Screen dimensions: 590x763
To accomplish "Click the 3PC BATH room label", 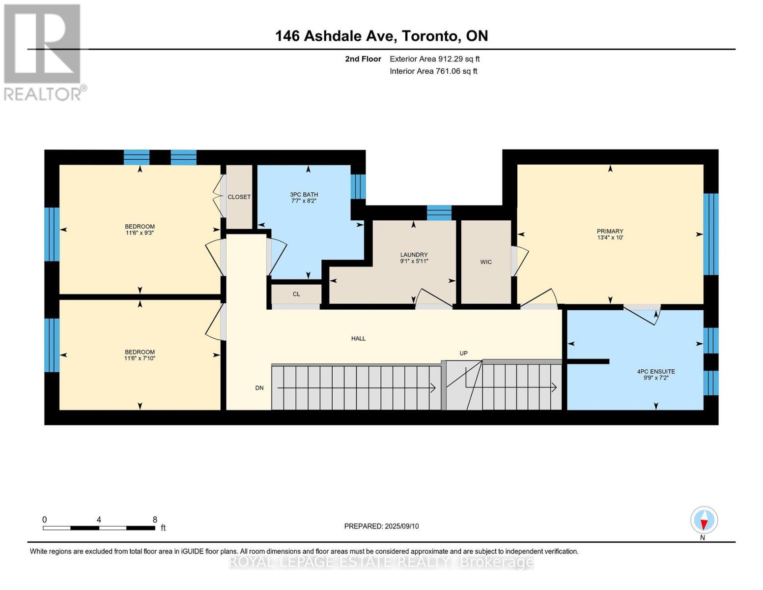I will click(304, 195).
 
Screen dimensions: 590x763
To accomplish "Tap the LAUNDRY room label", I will click(414, 255).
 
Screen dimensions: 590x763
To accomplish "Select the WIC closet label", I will click(486, 262).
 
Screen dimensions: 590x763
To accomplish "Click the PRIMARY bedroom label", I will click(610, 231).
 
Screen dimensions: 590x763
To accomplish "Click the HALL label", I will click(358, 338).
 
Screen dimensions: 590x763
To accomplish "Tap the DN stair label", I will click(259, 388).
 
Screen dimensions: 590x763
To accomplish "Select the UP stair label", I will click(463, 353).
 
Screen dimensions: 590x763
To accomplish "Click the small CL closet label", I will click(296, 294).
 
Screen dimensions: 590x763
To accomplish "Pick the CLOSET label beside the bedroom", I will click(239, 197).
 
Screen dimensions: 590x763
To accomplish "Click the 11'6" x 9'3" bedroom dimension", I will click(140, 233).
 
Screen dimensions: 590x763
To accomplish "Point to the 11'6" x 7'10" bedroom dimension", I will click(140, 358).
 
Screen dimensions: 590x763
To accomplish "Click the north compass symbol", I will click(704, 520).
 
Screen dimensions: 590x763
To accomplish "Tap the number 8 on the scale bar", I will click(155, 520).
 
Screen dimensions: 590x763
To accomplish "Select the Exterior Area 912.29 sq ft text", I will click(434, 59).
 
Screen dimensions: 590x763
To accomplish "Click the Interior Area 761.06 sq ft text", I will click(433, 71).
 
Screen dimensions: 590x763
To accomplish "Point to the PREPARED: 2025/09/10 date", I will click(381, 526).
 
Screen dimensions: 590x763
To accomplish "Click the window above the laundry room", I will click(439, 212).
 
